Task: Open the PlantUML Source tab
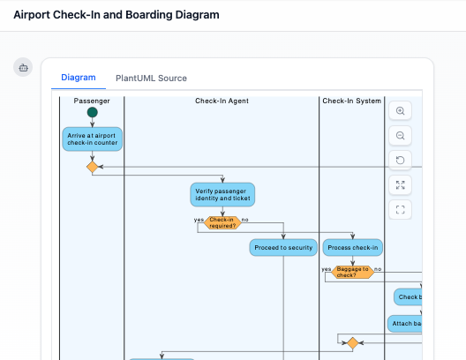coord(151,78)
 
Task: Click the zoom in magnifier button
coord(401,111)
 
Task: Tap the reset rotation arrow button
coord(401,161)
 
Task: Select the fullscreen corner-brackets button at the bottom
coord(401,210)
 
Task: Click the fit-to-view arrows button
coord(401,185)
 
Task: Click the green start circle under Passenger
coord(92,113)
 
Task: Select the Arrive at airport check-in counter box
coord(92,139)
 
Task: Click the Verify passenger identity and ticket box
coord(222,194)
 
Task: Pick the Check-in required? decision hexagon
coord(222,222)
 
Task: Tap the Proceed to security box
coord(282,248)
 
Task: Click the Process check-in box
coord(352,248)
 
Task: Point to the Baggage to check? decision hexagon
coord(352,272)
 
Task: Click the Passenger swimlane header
coord(92,101)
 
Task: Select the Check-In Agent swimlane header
coord(222,101)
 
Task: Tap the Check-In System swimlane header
coord(352,101)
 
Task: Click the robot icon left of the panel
coord(24,67)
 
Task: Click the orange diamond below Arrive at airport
coord(92,166)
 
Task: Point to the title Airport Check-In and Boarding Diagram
coord(116,15)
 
